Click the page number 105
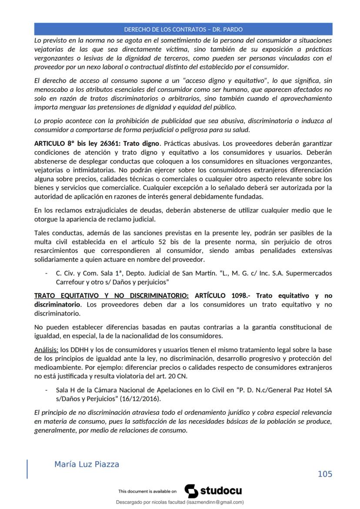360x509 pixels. pyautogui.click(x=325, y=474)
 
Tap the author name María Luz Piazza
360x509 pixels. pyautogui.click(x=87, y=464)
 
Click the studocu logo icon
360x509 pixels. pyautogui.click(x=191, y=491)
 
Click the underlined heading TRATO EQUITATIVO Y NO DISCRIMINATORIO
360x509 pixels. pyautogui.click(x=111, y=296)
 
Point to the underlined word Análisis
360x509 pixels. pyautogui.click(x=46, y=350)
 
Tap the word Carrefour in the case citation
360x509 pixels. pyautogui.click(x=71, y=282)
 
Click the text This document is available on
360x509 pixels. pyautogui.click(x=147, y=492)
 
